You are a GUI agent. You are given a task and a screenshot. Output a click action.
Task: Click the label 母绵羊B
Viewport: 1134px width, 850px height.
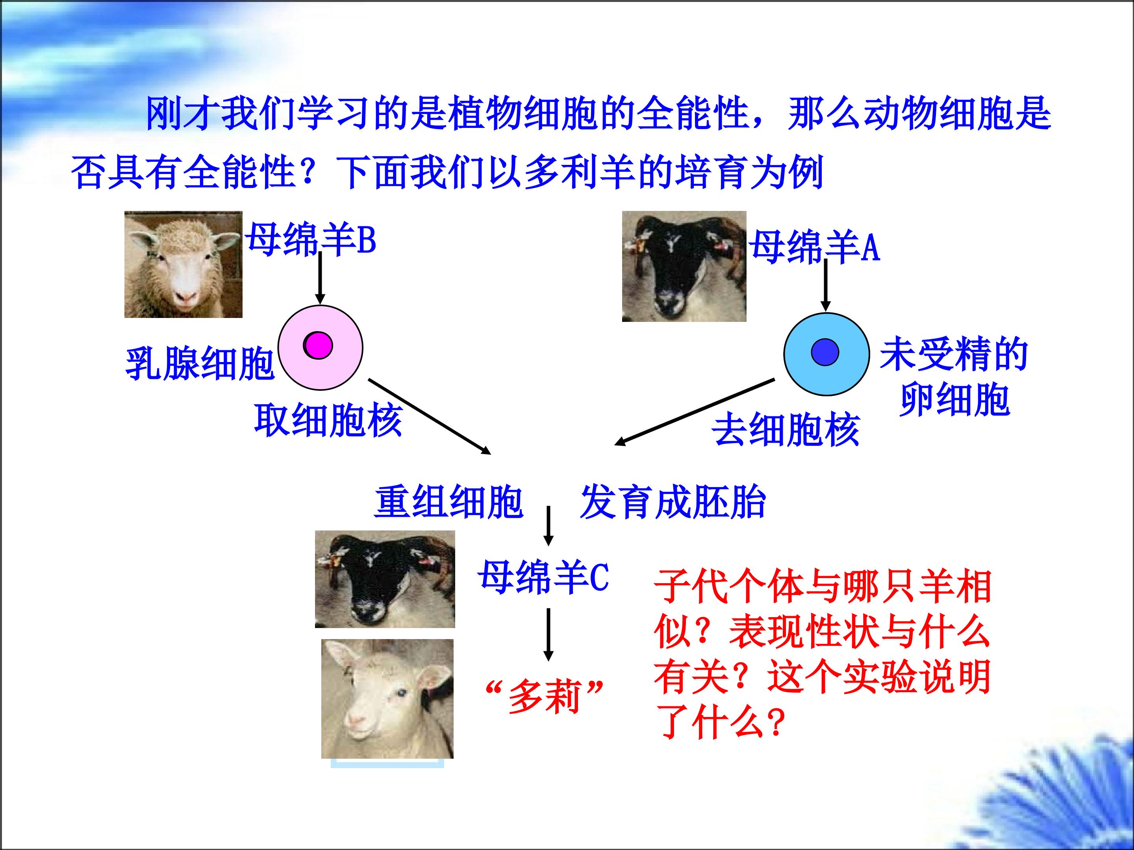point(310,239)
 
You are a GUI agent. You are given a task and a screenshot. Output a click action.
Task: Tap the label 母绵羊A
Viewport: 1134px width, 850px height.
point(815,247)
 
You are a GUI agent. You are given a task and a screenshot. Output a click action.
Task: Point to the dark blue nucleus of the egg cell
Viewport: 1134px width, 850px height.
point(825,353)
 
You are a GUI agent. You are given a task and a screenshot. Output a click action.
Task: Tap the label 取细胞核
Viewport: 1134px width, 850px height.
point(328,420)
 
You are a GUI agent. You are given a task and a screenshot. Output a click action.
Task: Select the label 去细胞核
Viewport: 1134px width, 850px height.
point(786,429)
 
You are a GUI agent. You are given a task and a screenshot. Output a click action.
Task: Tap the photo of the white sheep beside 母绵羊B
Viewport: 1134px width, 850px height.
point(183,264)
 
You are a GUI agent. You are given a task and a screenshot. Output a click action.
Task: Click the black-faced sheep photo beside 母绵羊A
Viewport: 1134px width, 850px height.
point(684,266)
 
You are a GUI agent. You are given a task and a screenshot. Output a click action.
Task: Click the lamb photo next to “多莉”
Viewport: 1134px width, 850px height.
point(387,699)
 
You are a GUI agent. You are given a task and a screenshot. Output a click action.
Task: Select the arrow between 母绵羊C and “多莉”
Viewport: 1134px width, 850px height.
point(548,634)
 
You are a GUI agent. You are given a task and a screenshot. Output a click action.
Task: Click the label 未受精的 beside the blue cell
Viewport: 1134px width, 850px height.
point(954,354)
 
